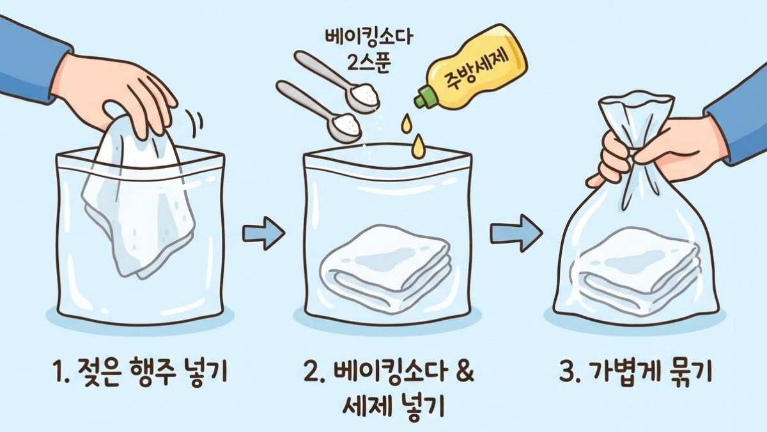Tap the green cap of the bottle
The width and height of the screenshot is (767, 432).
[x=424, y=98]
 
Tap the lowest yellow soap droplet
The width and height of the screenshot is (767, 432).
[x=419, y=146]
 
